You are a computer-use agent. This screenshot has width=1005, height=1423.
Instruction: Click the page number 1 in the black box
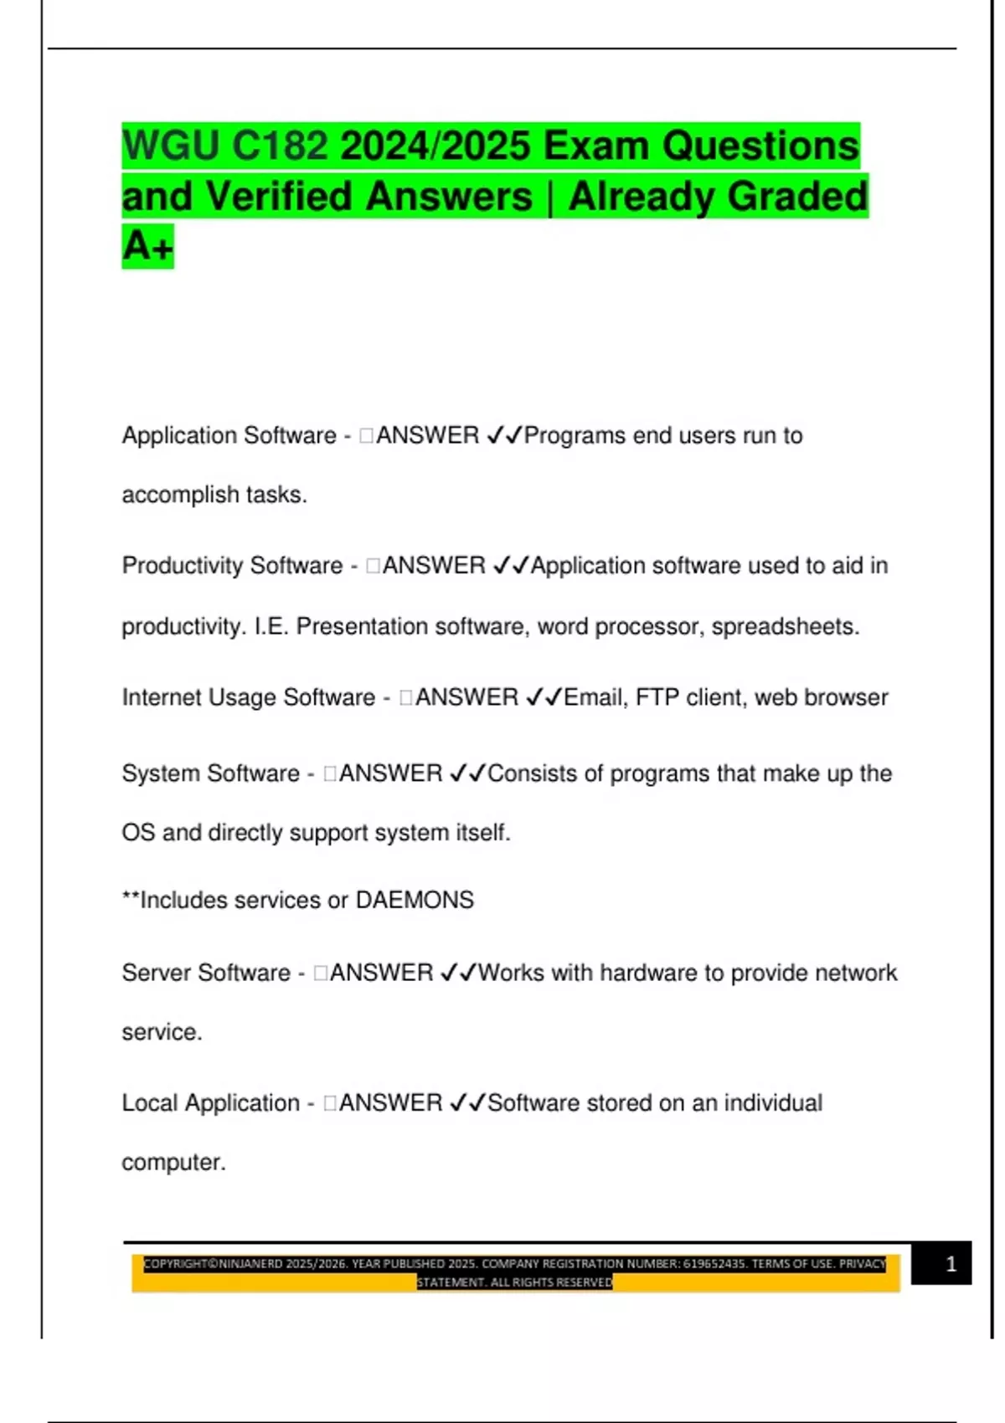pos(951,1264)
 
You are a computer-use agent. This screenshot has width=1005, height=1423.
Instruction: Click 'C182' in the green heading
pos(280,146)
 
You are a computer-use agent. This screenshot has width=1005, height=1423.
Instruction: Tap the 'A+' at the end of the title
pos(148,246)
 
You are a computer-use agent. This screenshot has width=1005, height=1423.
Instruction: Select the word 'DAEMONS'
pos(415,900)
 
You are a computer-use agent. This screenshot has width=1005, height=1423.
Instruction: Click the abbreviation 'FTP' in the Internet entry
pos(657,697)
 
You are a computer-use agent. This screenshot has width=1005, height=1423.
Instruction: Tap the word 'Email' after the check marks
pos(595,697)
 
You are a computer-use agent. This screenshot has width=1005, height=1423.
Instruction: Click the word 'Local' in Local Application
pos(150,1103)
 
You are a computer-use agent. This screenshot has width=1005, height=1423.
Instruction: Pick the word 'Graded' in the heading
pos(797,197)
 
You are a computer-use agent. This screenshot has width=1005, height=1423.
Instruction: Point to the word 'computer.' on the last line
pos(173,1163)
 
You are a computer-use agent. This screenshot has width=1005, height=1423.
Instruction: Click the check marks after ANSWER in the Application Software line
pos(504,435)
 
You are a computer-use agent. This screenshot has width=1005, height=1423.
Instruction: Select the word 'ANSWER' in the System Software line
pos(390,773)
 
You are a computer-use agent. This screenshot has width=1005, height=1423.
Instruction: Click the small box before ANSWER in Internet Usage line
pos(406,697)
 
